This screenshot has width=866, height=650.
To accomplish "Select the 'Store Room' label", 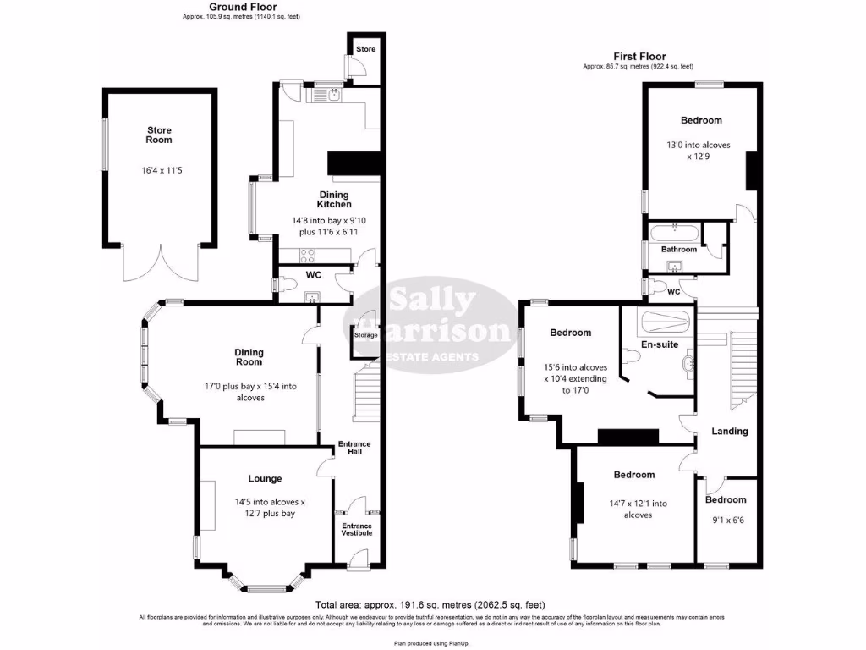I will click(x=159, y=135).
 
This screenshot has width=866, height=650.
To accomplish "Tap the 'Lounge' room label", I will click(x=265, y=478).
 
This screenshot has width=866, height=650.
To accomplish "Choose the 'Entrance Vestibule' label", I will click(x=357, y=530).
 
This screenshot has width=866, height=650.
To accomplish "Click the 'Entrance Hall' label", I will click(x=354, y=449).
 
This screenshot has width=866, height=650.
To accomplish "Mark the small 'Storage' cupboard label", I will click(x=366, y=335).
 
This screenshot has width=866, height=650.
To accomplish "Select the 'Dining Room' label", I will click(x=249, y=357).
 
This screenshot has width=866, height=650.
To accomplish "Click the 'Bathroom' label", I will click(x=678, y=250).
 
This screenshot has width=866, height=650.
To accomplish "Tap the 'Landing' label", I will click(x=729, y=431).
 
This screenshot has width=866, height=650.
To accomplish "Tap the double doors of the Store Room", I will click(x=161, y=262).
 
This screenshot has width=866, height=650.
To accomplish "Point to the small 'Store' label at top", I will click(x=364, y=49).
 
